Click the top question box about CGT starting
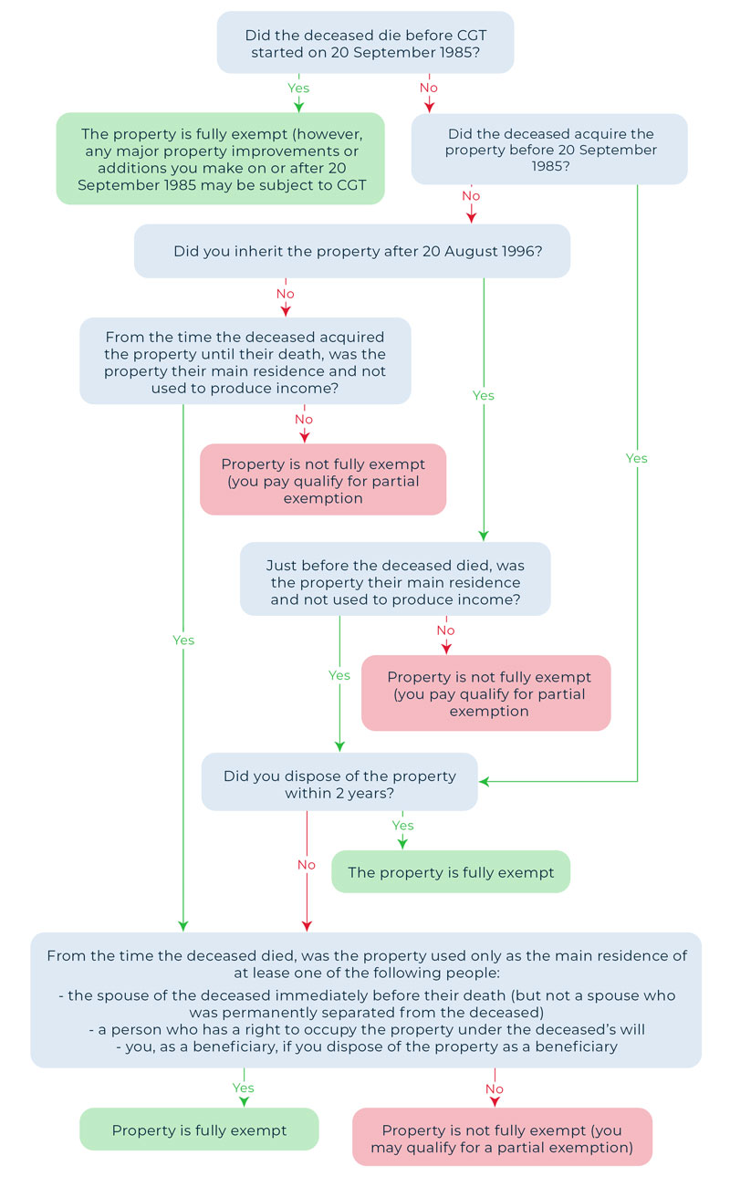pyautogui.click(x=365, y=43)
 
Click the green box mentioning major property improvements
pyautogui.click(x=221, y=159)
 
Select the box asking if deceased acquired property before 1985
pyautogui.click(x=549, y=150)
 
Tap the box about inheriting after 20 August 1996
pyautogui.click(x=352, y=251)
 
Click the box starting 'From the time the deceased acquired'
pyautogui.click(x=245, y=360)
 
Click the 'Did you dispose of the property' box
pyautogui.click(x=339, y=782)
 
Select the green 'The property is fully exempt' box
pyautogui.click(x=451, y=872)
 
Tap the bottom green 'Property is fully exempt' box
pyautogui.click(x=199, y=1130)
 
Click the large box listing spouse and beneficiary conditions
pyautogui.click(x=365, y=1000)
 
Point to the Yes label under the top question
pyautogui.click(x=298, y=89)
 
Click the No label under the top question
pyautogui.click(x=429, y=89)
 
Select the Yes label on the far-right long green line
pyautogui.click(x=636, y=458)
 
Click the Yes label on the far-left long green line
pyautogui.click(x=183, y=640)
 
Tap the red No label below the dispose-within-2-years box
pyautogui.click(x=307, y=864)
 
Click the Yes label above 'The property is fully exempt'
pyautogui.click(x=402, y=826)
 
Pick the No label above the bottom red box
pyautogui.click(x=495, y=1088)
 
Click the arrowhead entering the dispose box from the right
pyautogui.click(x=485, y=782)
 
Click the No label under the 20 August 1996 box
pyautogui.click(x=286, y=294)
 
